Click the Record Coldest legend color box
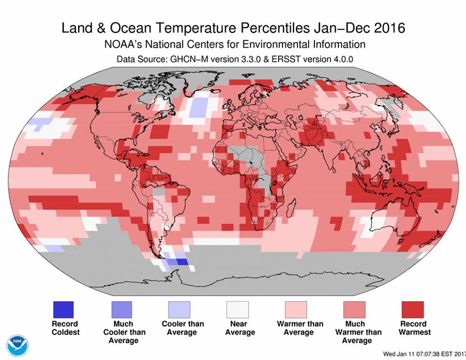coord(63,309)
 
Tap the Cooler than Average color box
coord(180,309)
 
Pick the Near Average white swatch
coord(238,309)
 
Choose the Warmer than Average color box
coord(296,309)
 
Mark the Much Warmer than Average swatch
coord(354,309)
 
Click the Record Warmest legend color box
coord(413,309)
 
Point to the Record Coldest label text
coord(65,328)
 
